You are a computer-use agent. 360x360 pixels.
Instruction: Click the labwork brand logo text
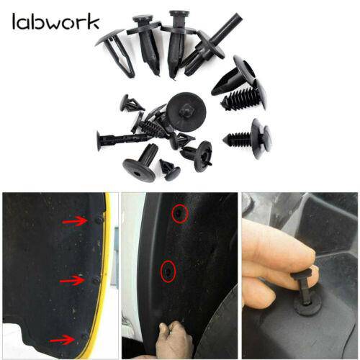pos(55,22)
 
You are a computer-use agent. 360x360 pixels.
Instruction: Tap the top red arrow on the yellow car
pos(75,221)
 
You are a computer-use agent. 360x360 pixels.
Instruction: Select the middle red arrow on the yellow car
pos(72,280)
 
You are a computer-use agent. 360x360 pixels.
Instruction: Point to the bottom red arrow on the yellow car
pos(63,340)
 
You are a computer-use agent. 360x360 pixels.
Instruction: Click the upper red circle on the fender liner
pos(180,214)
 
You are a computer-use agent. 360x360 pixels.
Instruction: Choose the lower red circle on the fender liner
pos(168,271)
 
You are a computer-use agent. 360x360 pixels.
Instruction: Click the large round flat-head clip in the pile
pos(186,112)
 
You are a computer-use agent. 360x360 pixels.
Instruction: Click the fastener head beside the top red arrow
pos(99,220)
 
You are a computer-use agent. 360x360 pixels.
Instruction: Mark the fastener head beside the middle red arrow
pos(96,281)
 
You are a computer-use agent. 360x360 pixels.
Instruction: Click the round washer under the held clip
pos(308,306)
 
